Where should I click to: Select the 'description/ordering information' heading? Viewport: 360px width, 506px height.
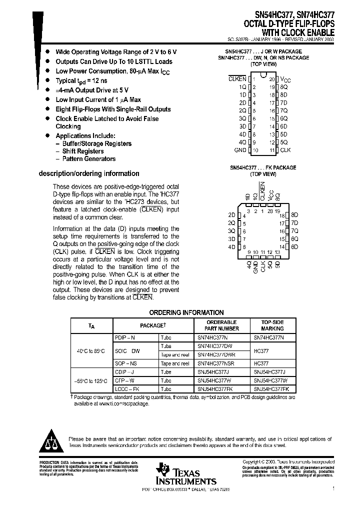89,173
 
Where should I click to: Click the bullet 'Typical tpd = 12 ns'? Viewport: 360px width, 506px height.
81,80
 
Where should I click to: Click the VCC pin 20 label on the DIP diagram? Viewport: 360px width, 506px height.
284,79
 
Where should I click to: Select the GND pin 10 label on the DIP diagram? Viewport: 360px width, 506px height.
240,150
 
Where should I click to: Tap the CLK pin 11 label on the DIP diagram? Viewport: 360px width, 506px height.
285,150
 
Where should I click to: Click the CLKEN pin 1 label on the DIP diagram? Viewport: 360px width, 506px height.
237,79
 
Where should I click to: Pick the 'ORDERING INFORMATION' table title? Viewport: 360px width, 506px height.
186,312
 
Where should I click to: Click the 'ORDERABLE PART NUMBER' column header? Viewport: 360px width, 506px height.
221,325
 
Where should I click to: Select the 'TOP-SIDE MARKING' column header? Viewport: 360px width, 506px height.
272,325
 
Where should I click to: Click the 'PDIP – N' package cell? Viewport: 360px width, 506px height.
125,337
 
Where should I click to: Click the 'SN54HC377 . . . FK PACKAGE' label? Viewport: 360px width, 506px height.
262,167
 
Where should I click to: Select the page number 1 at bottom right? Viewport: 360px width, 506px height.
332,489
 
